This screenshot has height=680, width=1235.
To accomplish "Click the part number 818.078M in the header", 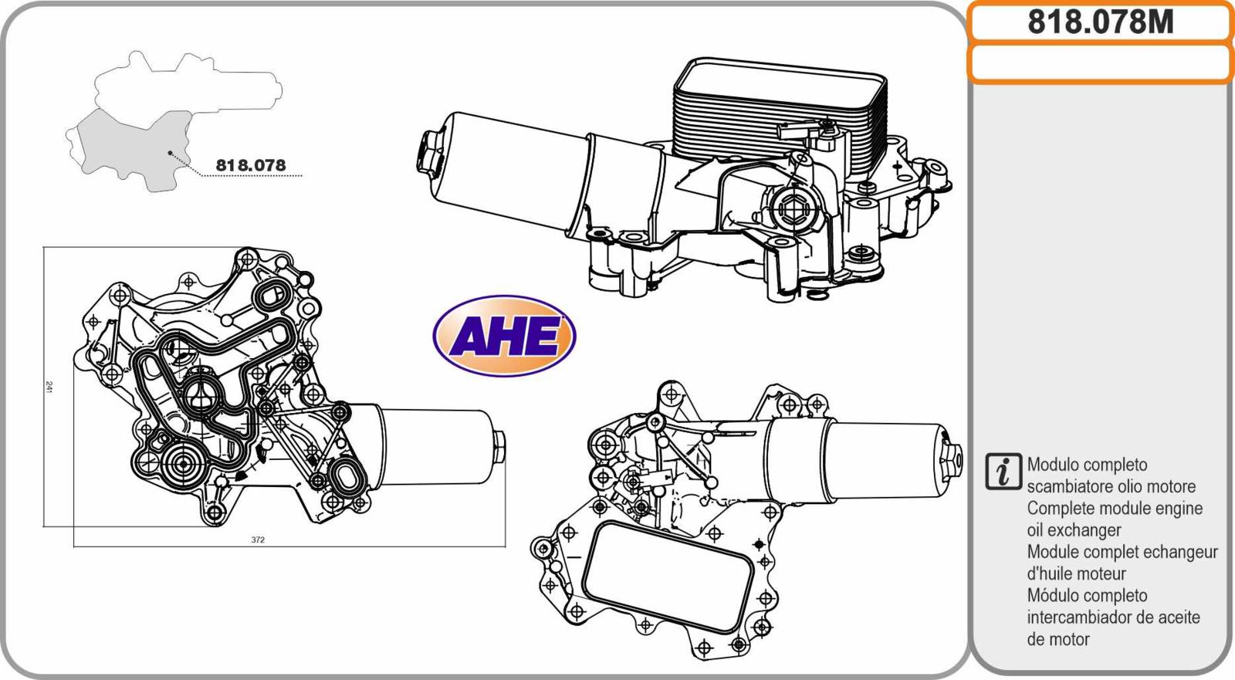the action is (x=1101, y=22).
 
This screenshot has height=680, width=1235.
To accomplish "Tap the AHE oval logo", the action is (x=505, y=335).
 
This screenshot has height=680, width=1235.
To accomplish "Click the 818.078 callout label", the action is (x=251, y=165).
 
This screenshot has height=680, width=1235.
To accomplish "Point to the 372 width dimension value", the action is (x=258, y=540).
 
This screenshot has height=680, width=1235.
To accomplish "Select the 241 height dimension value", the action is (x=49, y=387).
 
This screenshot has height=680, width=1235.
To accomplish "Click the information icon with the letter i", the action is (x=1003, y=472).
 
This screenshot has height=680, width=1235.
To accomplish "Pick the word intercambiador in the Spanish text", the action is (x=1079, y=617).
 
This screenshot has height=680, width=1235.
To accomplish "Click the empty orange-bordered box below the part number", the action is (x=1101, y=63).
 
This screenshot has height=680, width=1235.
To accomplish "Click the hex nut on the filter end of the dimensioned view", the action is (x=499, y=447).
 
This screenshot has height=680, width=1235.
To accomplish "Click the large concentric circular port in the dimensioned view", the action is (x=182, y=465).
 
